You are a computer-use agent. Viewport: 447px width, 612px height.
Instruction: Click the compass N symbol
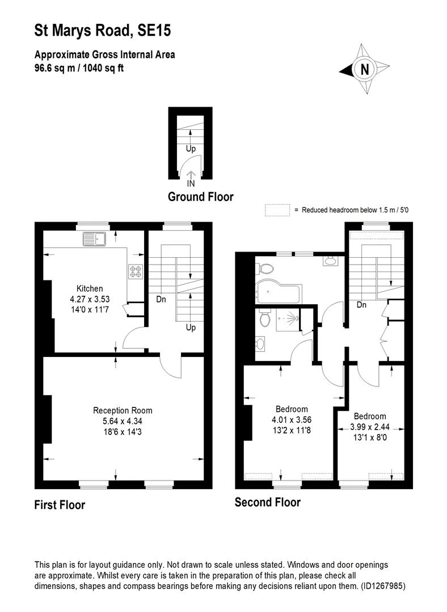point(365,70)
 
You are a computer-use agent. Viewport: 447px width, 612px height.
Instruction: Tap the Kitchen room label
point(90,288)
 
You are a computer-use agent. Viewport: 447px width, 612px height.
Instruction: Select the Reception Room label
point(123,410)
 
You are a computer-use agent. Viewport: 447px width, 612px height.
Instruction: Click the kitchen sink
point(94,240)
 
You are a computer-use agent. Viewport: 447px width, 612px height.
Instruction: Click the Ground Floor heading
point(200,197)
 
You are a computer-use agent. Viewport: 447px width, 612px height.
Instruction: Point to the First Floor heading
point(60,504)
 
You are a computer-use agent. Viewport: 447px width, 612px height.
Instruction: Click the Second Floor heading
point(267,502)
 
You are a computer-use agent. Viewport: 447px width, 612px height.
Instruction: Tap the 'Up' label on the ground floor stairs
point(191,149)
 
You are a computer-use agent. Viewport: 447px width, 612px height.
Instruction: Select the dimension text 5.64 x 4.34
point(123,420)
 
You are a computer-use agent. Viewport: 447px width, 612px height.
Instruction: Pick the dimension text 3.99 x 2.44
point(369,426)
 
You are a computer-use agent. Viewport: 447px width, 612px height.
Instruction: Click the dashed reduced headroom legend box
point(277,210)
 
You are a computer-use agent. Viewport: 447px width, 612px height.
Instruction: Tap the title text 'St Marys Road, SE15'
point(102,31)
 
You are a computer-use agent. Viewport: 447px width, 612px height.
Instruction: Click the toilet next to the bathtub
point(266,268)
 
